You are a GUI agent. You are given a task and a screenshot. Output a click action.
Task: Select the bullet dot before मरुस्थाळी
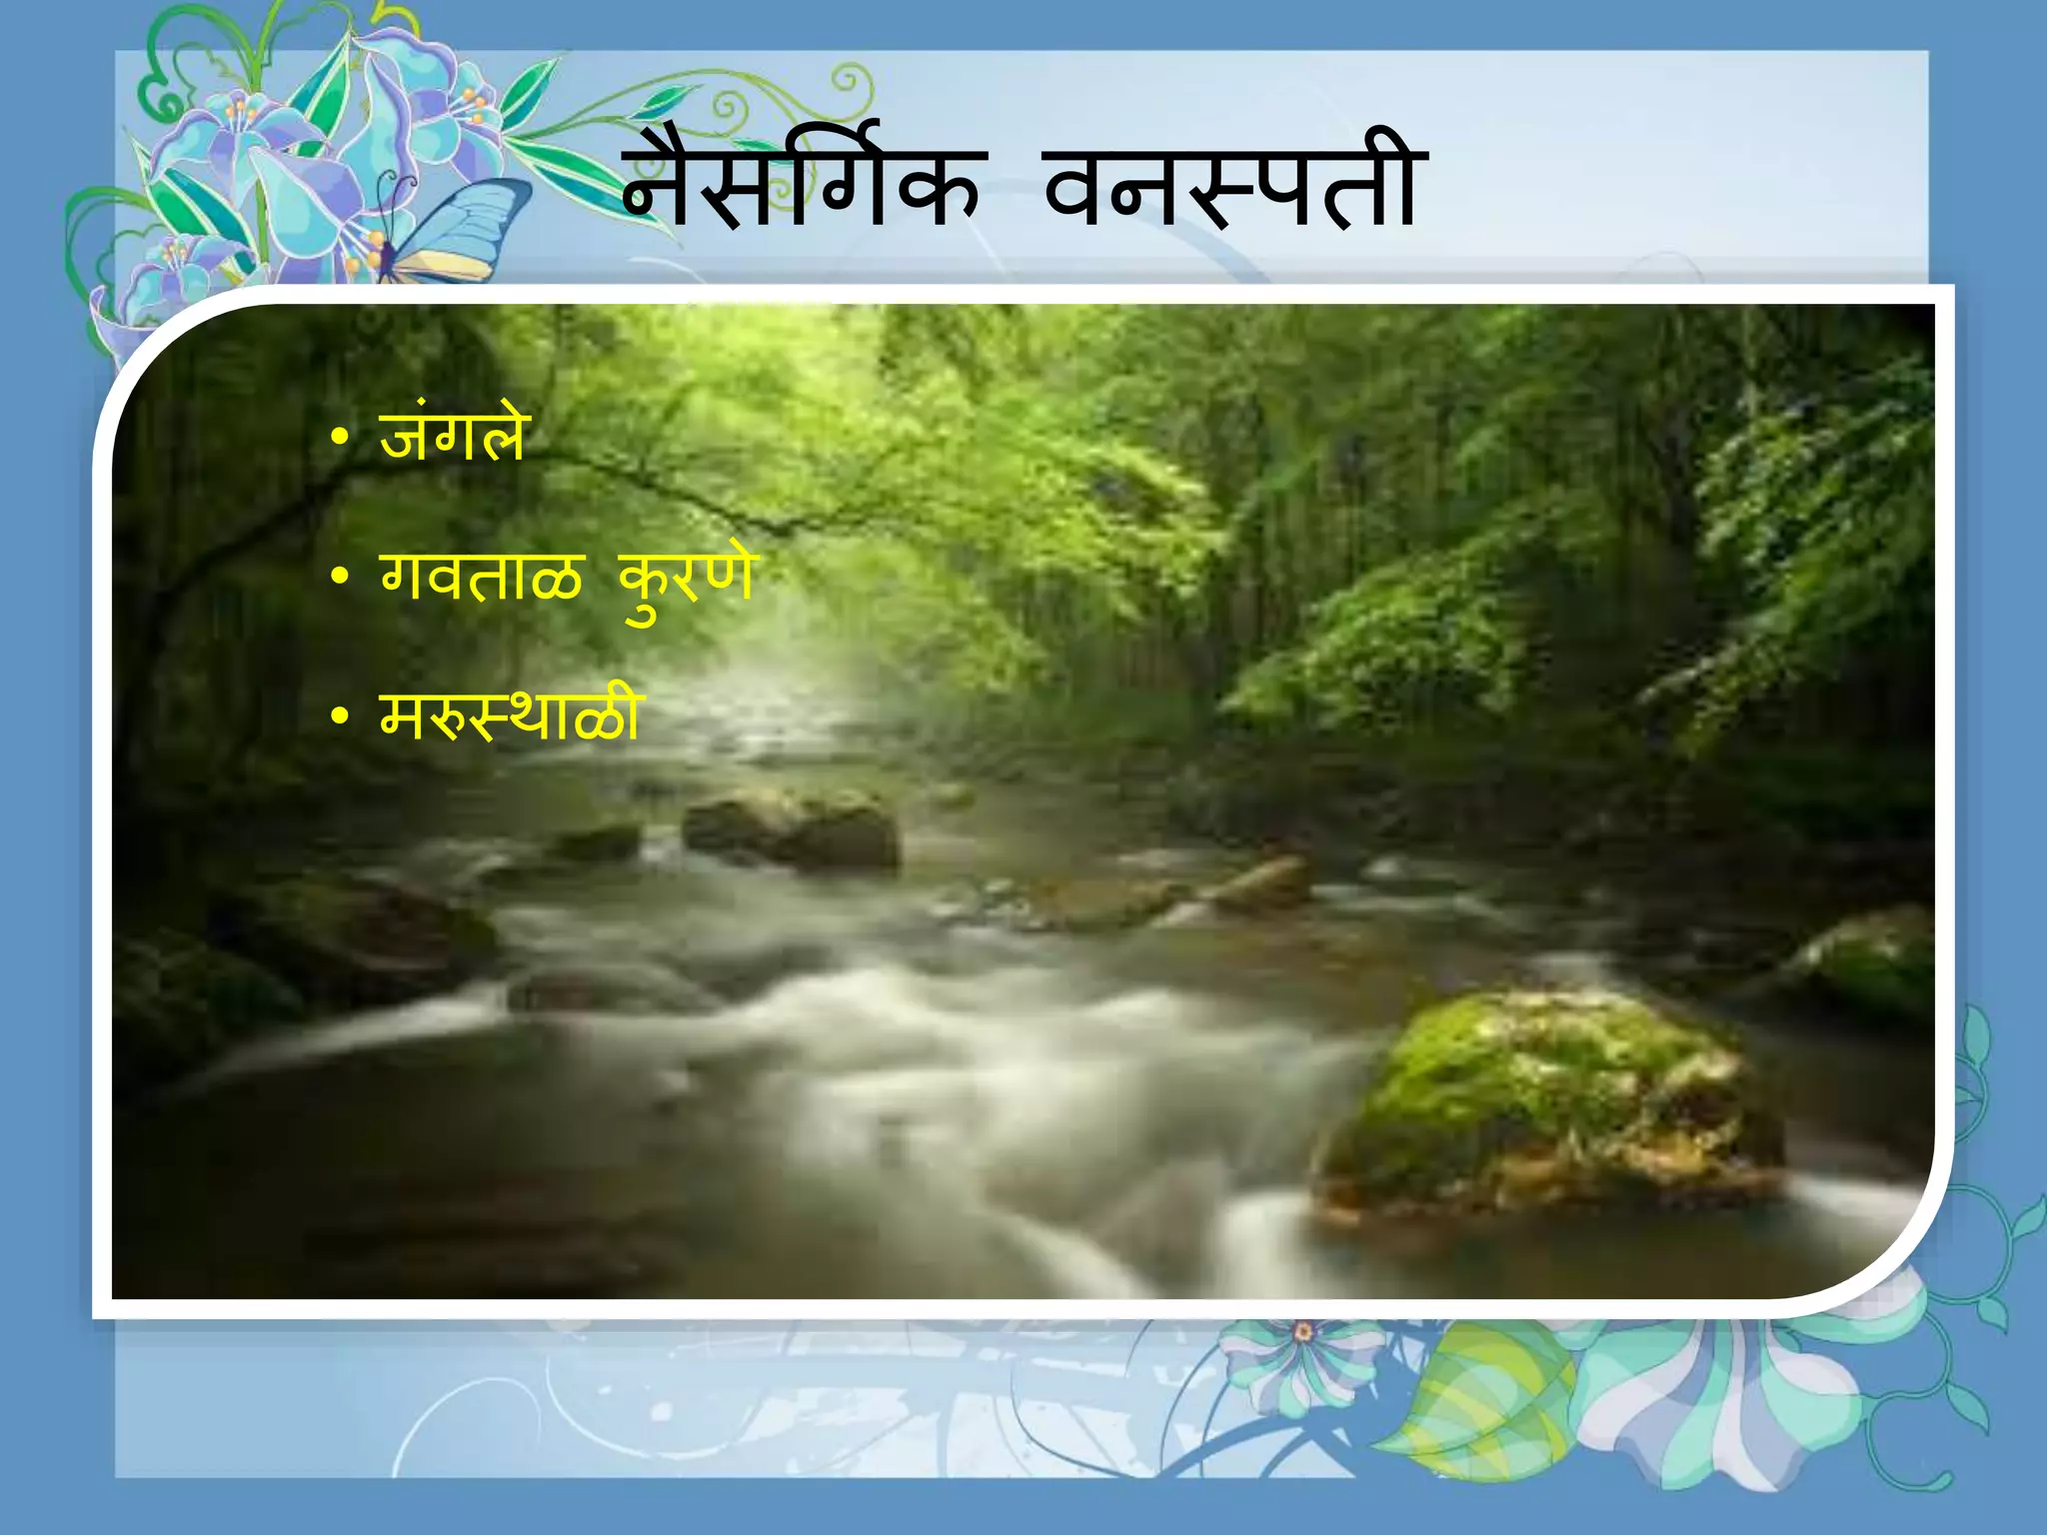[340, 717]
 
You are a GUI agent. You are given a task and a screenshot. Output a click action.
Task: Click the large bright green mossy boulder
[1549, 1099]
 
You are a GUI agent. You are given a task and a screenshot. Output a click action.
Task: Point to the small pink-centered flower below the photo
[1302, 1332]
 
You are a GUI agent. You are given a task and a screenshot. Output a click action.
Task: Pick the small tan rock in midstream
[1264, 884]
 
